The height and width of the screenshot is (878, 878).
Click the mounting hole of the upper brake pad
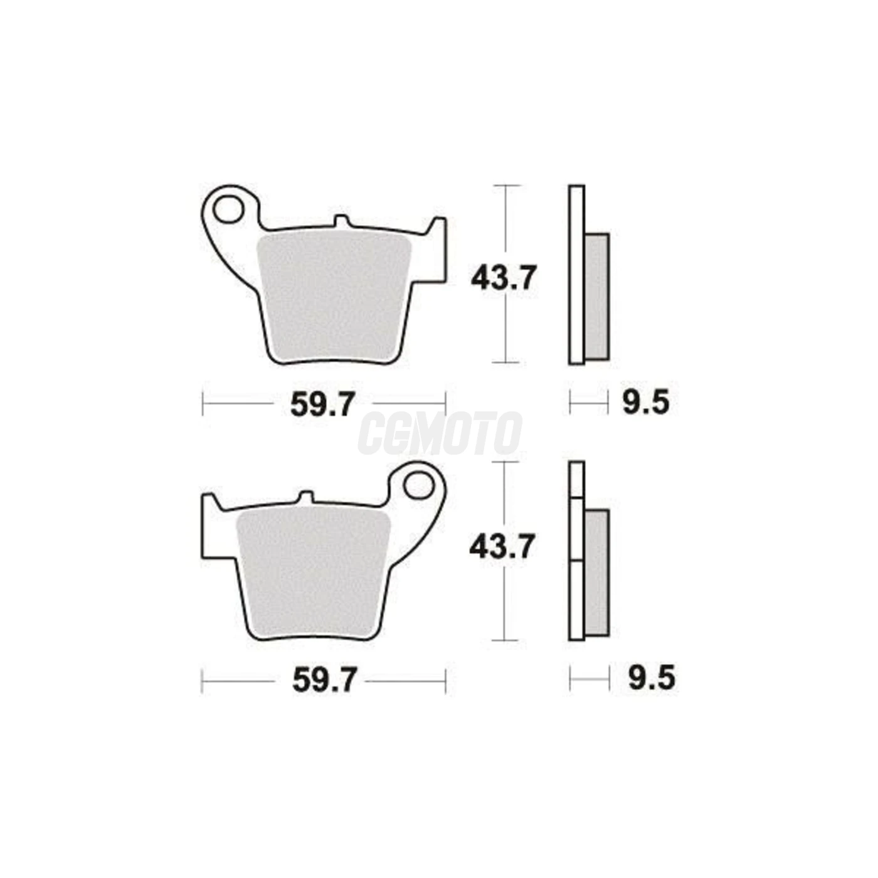click(228, 209)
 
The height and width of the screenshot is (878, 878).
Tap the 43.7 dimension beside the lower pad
click(502, 547)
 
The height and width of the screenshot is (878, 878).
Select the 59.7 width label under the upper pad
click(322, 404)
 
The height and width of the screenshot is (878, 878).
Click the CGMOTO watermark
click(440, 433)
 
